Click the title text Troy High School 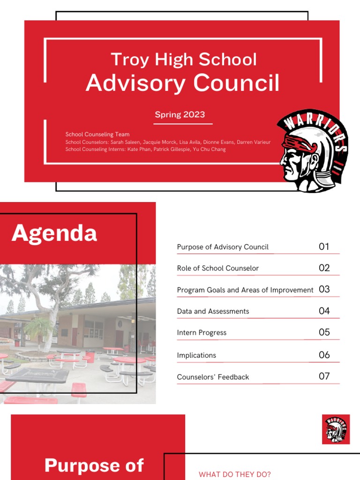(183, 60)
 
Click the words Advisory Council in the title (182, 83)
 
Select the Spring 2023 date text (180, 114)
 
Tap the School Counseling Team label (97, 135)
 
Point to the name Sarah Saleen (125, 142)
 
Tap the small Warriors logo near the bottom (336, 429)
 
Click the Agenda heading (54, 233)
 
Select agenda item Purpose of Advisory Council (223, 247)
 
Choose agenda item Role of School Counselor (217, 269)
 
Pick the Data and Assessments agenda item (213, 311)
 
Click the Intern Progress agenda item (202, 333)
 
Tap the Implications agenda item (196, 355)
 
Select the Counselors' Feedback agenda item (213, 377)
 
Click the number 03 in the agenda (324, 289)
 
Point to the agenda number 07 (324, 376)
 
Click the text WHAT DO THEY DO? (235, 474)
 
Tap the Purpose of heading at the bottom (94, 465)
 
